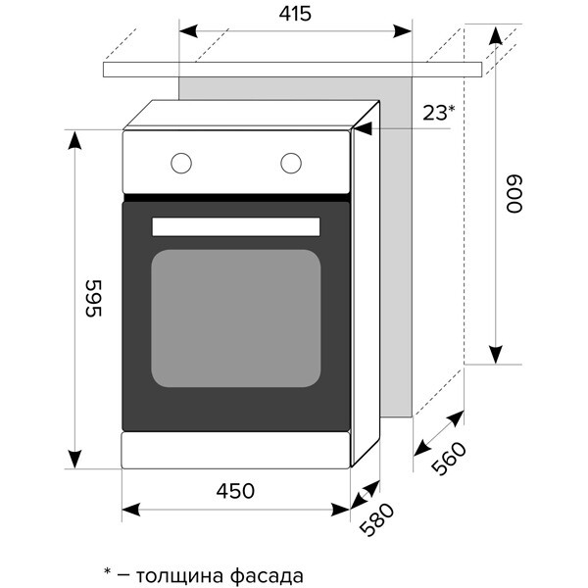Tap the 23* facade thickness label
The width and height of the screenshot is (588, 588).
pos(438,113)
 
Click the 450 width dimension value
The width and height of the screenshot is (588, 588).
pos(235,490)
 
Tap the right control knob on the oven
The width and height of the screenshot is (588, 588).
pos(291,163)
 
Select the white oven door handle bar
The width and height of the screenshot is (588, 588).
pos(236,226)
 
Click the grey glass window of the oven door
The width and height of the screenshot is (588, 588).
pos(236,318)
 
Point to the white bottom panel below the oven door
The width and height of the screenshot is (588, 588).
pos(235,451)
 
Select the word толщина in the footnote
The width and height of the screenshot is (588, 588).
pos(175,573)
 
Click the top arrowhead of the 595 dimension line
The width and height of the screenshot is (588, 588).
pos(73,136)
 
